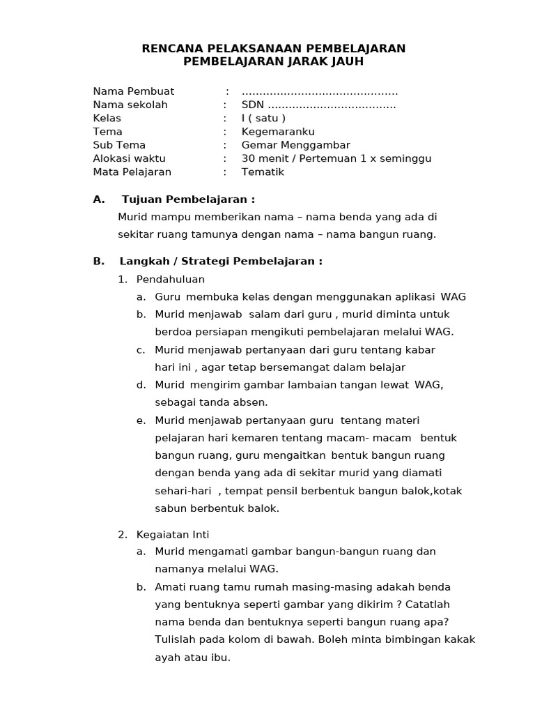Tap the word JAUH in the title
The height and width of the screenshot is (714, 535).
pyautogui.click(x=342, y=61)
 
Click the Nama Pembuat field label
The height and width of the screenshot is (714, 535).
pyautogui.click(x=134, y=91)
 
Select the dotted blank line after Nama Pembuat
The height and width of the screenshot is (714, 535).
pyautogui.click(x=320, y=92)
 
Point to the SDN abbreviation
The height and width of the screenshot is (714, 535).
pyautogui.click(x=253, y=105)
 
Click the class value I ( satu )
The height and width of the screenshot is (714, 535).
pyautogui.click(x=263, y=118)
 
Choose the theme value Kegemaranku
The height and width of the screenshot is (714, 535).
pyautogui.click(x=278, y=131)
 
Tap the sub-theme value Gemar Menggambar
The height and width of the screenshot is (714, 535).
pyautogui.click(x=295, y=145)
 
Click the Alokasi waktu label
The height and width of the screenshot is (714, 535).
pyautogui.click(x=129, y=158)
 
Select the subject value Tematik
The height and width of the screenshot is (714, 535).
pyautogui.click(x=263, y=172)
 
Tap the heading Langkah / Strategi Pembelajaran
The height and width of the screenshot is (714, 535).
pyautogui.click(x=221, y=261)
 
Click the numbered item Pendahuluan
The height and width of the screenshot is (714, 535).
pyautogui.click(x=170, y=279)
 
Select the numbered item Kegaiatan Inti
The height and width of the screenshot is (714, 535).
pyautogui.click(x=172, y=534)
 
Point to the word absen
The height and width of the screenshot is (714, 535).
pyautogui.click(x=251, y=402)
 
